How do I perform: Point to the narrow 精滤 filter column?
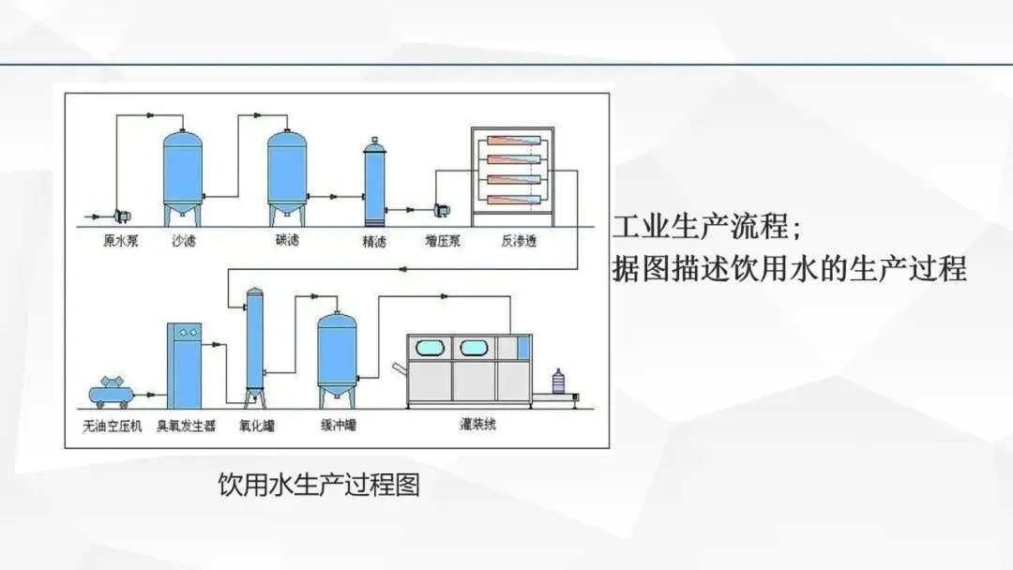pyautogui.click(x=374, y=183)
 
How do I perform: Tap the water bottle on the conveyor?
pyautogui.click(x=559, y=383)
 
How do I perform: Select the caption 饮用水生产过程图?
pyautogui.click(x=319, y=485)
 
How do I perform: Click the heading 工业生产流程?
pyautogui.click(x=702, y=228)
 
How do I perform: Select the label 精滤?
pyautogui.click(x=375, y=241)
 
